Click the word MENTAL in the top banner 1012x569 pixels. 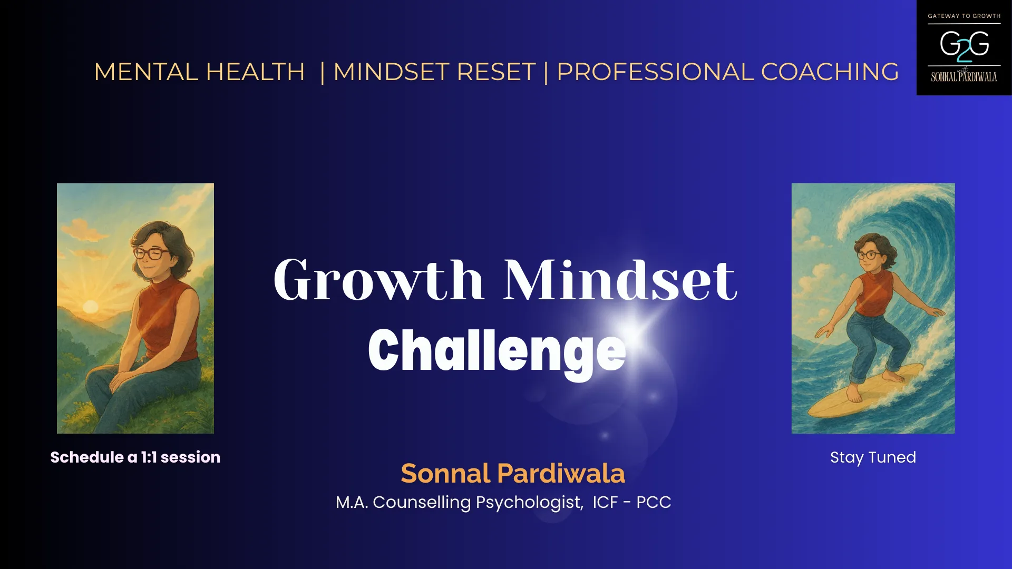146,72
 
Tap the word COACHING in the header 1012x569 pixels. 830,72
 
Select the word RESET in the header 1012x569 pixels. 496,72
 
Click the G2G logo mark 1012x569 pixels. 964,45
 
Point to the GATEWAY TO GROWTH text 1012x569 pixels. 964,16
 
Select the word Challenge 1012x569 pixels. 497,351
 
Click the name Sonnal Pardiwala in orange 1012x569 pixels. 512,473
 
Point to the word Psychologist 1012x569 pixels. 529,502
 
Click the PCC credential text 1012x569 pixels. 654,502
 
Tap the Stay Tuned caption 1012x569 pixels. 873,457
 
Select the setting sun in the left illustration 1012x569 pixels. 90,307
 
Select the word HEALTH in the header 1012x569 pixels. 255,72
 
